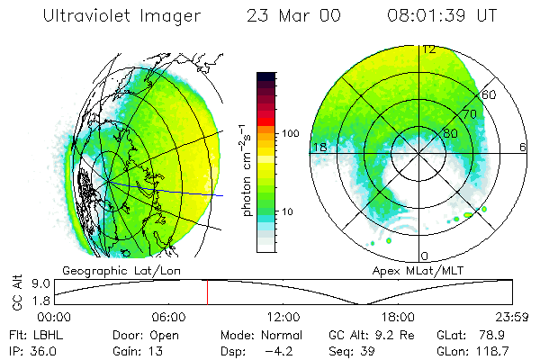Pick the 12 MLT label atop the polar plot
pyautogui.click(x=429, y=49)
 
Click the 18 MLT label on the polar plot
pyautogui.click(x=319, y=147)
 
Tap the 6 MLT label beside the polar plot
pyautogui.click(x=523, y=147)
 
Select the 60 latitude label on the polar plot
pyautogui.click(x=490, y=94)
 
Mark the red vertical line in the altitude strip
pyautogui.click(x=207, y=292)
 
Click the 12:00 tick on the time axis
pyautogui.click(x=284, y=317)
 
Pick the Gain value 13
pyautogui.click(x=149, y=350)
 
